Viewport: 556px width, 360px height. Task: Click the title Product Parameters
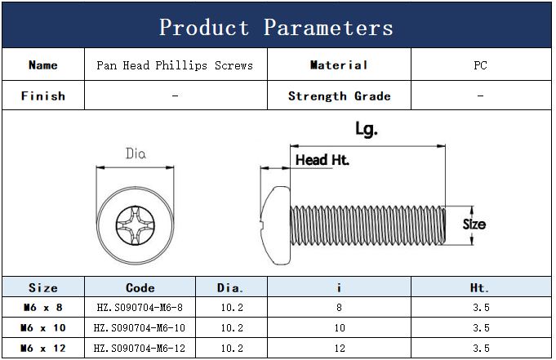point(276,27)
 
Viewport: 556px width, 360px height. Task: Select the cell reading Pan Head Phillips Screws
point(175,65)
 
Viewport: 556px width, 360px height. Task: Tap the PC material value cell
point(480,65)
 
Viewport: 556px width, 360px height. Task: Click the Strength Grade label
point(340,96)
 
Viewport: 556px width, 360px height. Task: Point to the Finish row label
point(43,96)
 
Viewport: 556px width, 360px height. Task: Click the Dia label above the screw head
point(136,153)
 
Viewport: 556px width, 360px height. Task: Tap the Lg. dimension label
point(367,129)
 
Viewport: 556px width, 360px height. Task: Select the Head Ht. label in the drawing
point(322,160)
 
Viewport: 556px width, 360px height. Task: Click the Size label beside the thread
point(474,224)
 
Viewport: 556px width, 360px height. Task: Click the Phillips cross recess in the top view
point(135,225)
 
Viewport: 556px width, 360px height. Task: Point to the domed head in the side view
point(275,225)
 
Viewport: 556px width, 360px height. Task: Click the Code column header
point(140,287)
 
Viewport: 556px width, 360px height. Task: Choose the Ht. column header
point(479,287)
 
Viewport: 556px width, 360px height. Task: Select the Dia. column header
point(230,287)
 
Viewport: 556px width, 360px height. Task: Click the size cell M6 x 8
point(43,307)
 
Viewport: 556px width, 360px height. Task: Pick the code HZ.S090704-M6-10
point(140,327)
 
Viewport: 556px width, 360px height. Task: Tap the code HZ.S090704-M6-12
point(140,349)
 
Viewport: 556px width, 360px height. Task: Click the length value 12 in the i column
point(340,349)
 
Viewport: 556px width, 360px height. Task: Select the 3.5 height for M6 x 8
point(481,307)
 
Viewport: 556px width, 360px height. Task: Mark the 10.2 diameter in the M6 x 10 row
point(232,327)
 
